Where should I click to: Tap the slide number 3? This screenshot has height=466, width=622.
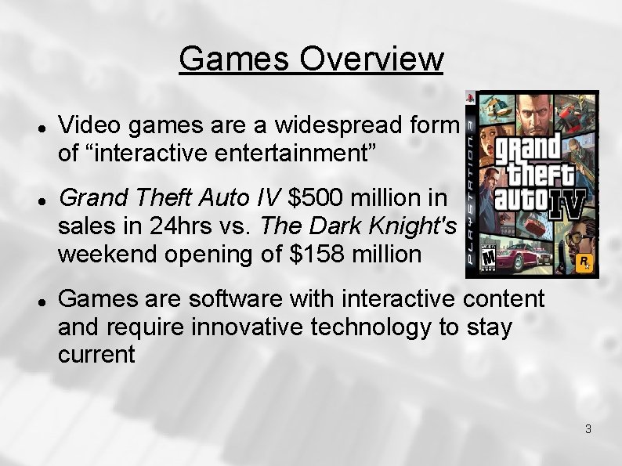588,428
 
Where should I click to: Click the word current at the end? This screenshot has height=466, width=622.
96,354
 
